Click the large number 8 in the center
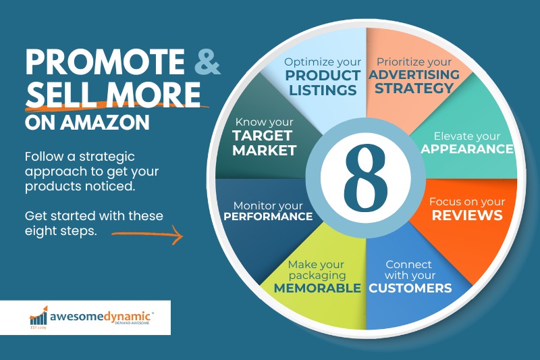tap(366, 178)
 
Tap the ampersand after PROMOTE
tap(207, 61)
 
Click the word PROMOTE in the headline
tap(105, 62)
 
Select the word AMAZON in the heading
tap(105, 122)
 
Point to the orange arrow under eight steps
tap(147, 235)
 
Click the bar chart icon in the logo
tap(38, 315)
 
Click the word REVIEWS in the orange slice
tap(467, 215)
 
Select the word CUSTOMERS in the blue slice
tap(410, 288)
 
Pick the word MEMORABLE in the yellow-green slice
tap(317, 288)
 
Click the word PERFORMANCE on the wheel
tap(268, 216)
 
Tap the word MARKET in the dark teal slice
tap(265, 151)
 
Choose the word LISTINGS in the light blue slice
tap(323, 91)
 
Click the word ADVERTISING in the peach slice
tap(414, 74)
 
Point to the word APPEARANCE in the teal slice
tap(467, 149)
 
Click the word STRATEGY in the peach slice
tap(414, 88)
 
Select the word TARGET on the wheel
tap(263, 136)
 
